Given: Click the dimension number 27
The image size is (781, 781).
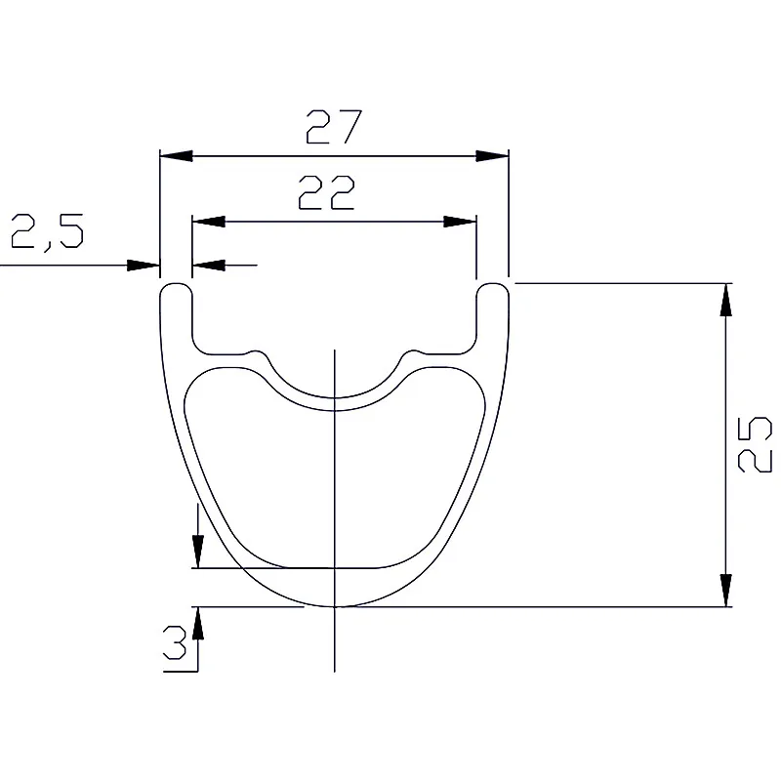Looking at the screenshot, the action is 333,127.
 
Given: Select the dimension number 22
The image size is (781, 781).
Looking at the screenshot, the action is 326,192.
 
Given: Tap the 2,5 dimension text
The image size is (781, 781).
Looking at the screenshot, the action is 47,231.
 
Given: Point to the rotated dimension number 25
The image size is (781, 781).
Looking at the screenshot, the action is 754,444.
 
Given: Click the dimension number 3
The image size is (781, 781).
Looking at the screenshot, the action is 175,642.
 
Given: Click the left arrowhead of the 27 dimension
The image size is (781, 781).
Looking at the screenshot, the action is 177,156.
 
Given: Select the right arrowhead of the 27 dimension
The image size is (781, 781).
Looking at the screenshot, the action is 492,156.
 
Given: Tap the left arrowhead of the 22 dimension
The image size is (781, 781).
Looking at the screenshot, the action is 209,222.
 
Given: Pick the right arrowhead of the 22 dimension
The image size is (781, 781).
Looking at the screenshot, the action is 460,222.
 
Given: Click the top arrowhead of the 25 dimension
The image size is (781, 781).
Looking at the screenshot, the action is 725,300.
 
